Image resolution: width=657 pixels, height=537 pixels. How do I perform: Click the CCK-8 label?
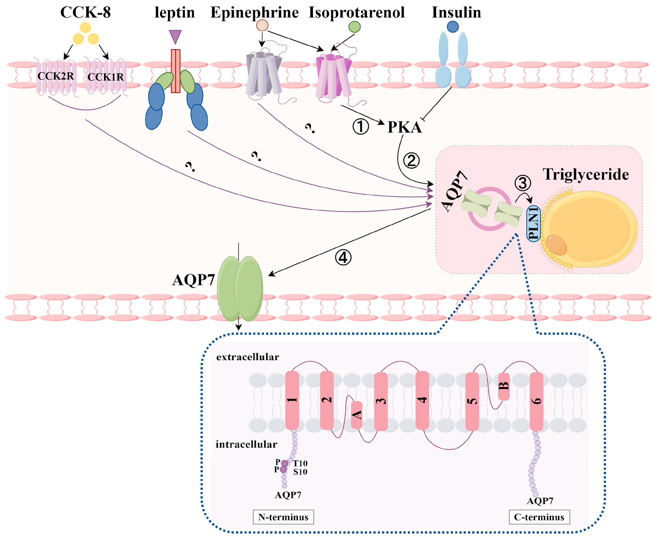click(x=85, y=12)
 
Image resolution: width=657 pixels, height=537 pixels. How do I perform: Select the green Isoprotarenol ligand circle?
click(x=354, y=27)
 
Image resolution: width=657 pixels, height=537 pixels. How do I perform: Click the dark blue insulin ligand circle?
click(x=453, y=27)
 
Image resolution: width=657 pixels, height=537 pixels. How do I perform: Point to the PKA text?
click(x=404, y=127)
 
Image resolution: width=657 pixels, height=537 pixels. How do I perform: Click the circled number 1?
click(x=361, y=127)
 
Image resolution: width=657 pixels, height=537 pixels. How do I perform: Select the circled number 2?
click(x=411, y=161)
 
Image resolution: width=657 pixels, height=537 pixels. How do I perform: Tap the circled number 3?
click(x=523, y=183)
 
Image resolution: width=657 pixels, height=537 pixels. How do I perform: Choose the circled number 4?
click(x=343, y=258)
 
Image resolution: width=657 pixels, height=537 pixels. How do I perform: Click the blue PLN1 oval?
click(x=534, y=224)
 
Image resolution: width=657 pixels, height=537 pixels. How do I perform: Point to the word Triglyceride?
click(x=586, y=174)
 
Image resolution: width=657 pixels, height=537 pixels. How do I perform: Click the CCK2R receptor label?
click(x=56, y=76)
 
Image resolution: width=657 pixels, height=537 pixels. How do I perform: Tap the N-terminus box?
click(x=283, y=517)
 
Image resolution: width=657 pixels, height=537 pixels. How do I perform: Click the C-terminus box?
click(x=539, y=517)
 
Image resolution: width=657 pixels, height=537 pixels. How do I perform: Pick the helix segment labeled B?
click(x=504, y=386)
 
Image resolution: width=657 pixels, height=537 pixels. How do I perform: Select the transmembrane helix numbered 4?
click(x=422, y=400)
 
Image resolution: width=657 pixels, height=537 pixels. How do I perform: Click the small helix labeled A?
click(x=357, y=415)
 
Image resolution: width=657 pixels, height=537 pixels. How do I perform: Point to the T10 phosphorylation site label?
click(x=300, y=463)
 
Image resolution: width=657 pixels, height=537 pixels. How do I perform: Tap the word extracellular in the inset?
click(x=248, y=357)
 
